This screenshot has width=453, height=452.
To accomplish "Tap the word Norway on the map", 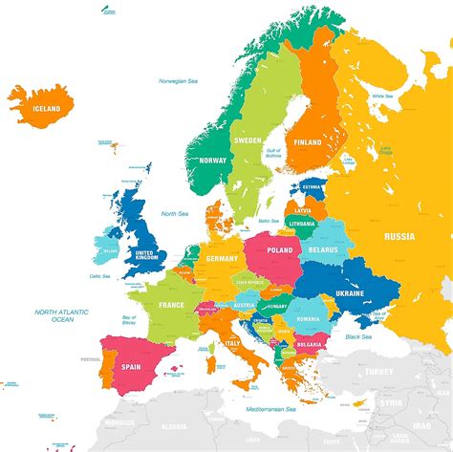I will point(214,161).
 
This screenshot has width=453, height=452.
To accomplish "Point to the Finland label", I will point(308,142).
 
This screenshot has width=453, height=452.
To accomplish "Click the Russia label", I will point(399,236).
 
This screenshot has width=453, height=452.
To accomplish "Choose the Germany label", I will point(222,259).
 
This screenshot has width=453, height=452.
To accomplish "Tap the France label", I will point(171,306).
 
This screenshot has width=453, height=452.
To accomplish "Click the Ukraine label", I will point(350,294).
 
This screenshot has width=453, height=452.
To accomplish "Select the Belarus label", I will point(325,249).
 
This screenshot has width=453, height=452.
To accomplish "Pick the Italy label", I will point(232,344).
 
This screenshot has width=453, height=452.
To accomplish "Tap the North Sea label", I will point(174,213).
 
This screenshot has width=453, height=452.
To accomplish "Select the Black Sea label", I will point(358,336).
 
